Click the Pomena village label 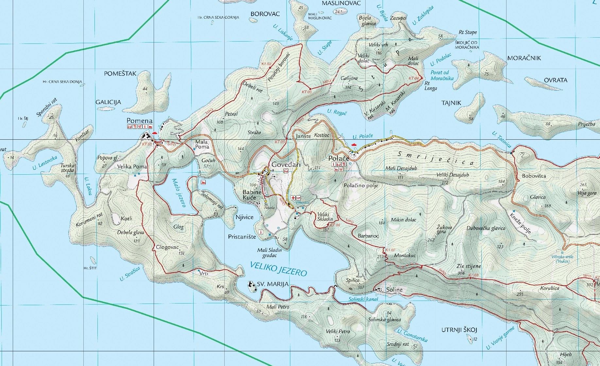[140, 121]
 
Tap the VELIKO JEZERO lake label [278, 269]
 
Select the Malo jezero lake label [179, 193]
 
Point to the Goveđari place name [286, 165]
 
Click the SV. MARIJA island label [273, 284]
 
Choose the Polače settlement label [338, 158]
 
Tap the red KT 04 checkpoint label [414, 78]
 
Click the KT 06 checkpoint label [335, 225]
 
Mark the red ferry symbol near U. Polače [353, 144]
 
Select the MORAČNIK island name [524, 58]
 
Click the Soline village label [394, 290]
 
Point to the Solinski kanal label [363, 299]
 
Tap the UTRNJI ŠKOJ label [459, 330]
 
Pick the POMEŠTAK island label [120, 74]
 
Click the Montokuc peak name [405, 255]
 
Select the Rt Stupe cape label [468, 32]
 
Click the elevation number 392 [590, 285]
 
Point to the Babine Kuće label [252, 195]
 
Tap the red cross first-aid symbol [293, 198]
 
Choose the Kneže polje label [520, 223]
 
